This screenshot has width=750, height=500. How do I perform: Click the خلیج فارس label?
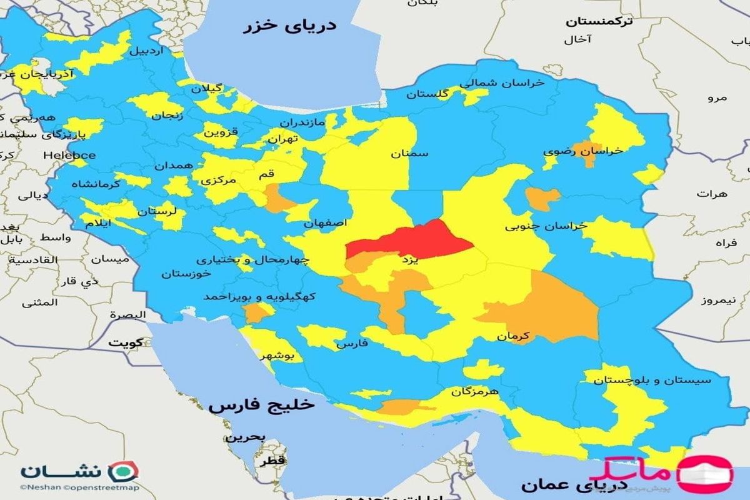tap(262, 405)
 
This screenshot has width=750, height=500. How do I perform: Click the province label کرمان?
tap(513, 336)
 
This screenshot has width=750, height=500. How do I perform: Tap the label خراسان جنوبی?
tap(546, 226)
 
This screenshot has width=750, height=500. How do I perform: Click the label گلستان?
tap(427, 94)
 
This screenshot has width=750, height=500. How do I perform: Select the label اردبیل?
tap(145, 51)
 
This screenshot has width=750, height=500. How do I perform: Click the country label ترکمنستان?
tap(599, 21)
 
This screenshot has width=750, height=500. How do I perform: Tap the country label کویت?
tap(126, 342)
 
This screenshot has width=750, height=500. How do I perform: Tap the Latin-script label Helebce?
tap(69, 155)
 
